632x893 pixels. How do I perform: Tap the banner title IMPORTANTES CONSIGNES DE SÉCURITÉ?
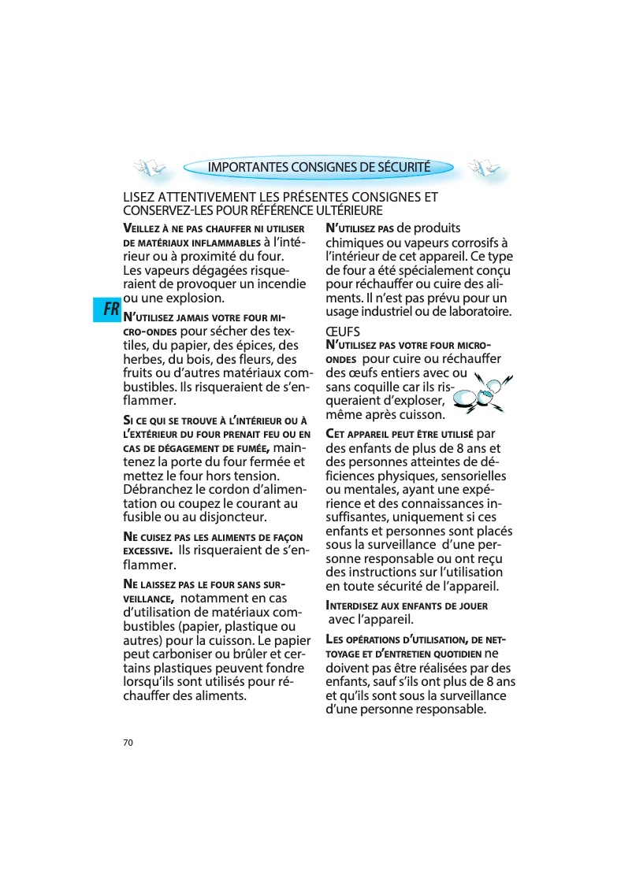pos(318,167)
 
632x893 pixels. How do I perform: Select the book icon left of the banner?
pos(149,167)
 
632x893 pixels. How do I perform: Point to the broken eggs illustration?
pos(482,392)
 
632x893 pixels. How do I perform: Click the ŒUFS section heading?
pos(343,332)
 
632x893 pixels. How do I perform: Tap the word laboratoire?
pos(473,312)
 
